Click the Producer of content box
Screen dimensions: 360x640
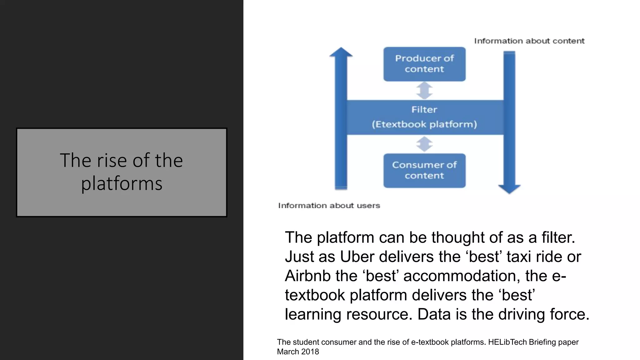click(x=424, y=64)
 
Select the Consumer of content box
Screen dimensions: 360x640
click(x=424, y=171)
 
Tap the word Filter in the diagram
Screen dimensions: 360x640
click(x=424, y=110)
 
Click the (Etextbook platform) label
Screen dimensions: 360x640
click(x=424, y=124)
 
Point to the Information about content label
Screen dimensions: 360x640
click(x=529, y=41)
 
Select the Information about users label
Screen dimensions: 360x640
click(x=329, y=206)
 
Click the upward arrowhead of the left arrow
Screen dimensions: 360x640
click(x=341, y=52)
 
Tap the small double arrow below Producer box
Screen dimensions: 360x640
click(x=424, y=91)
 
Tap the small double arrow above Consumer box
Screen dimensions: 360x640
click(x=424, y=144)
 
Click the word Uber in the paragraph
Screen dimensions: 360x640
click(x=357, y=257)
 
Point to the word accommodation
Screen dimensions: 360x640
click(x=461, y=276)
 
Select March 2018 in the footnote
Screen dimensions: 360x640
click(x=298, y=352)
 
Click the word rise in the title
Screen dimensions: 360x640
click(x=112, y=161)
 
